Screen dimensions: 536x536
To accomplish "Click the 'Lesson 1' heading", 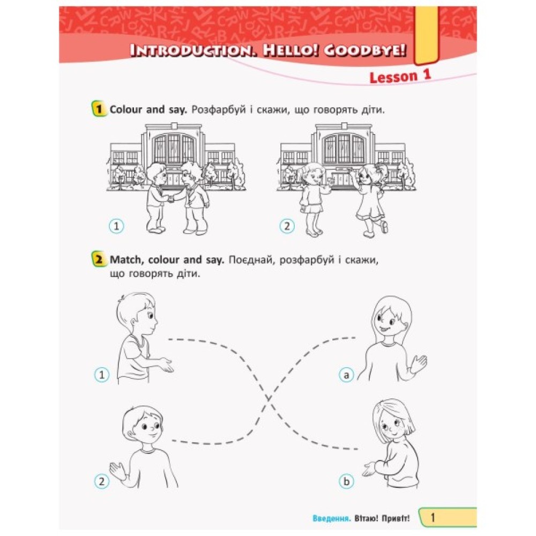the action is point(400,77).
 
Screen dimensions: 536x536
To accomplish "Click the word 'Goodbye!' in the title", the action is point(365,50).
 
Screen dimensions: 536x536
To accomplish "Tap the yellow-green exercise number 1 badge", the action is point(99,109).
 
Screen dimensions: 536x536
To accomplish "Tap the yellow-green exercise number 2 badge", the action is point(99,259).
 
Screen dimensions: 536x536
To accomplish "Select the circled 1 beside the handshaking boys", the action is point(116,226).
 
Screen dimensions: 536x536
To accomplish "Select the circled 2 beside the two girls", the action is point(287,226).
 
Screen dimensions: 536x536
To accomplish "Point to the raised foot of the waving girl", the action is point(384,227).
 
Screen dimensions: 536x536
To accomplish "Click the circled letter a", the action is point(346,375).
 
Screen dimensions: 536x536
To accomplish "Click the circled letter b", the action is point(346,481).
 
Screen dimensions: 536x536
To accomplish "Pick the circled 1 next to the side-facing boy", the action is point(101,375).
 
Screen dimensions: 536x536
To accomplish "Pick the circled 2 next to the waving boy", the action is point(101,481).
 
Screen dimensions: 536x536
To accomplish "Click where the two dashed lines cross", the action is point(269,399).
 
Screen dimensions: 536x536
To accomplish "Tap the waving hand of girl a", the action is point(419,364).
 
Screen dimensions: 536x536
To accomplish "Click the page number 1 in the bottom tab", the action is point(433,518).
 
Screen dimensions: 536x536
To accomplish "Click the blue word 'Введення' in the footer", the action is point(332,518).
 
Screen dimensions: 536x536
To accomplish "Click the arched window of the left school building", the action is point(174,148).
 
